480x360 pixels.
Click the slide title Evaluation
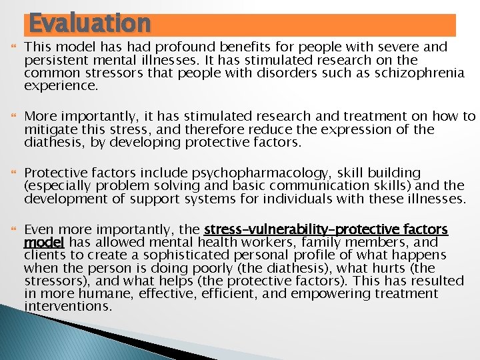(x=90, y=23)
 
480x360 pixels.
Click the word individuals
(x=299, y=199)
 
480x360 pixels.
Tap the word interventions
(x=68, y=306)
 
